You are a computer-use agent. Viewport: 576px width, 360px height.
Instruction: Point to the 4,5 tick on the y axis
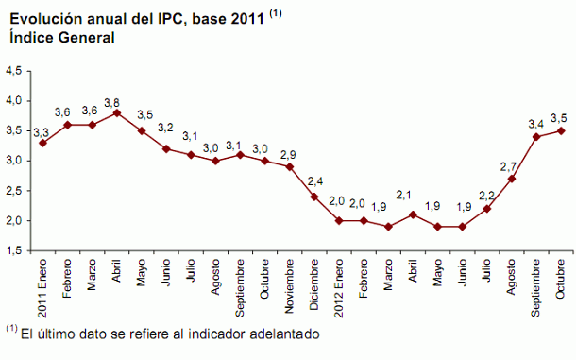[x=15, y=71]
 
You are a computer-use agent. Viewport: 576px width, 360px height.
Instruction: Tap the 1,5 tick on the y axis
[x=15, y=251]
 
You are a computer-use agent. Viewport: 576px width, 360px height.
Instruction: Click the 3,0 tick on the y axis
[x=15, y=161]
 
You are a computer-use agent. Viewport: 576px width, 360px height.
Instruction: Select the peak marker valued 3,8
[x=116, y=112]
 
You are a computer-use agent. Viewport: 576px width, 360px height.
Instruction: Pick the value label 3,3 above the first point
[x=42, y=132]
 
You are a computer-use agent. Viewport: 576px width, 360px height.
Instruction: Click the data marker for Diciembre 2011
[x=313, y=197]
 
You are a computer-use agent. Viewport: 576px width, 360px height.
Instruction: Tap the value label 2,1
[x=413, y=195]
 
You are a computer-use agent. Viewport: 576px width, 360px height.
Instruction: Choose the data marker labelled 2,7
[x=512, y=179]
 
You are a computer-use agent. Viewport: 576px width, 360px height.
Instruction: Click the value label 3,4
[x=534, y=123]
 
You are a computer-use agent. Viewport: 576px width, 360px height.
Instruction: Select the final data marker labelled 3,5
[x=561, y=130]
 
